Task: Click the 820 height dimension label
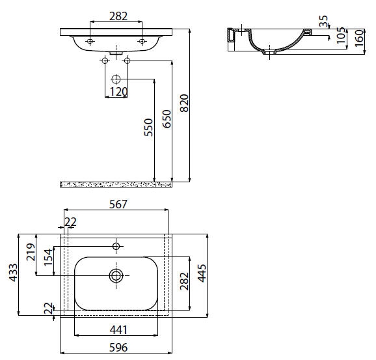coord(184,104)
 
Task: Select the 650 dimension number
coord(167,118)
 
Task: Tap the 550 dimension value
coord(149,128)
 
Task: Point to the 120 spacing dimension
coord(118,92)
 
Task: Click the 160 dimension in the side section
coord(359,38)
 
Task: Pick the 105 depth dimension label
coord(342,35)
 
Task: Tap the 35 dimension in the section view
coord(323,21)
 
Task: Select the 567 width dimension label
coord(118,204)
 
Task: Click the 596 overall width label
coord(118,347)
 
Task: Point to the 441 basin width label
coord(118,330)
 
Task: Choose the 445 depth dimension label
coord(202,273)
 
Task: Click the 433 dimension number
coord(14,273)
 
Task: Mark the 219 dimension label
coord(31,252)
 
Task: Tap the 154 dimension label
coord(48,257)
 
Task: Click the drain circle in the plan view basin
coord(116,275)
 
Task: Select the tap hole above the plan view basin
coord(116,246)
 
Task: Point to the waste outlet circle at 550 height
coord(116,79)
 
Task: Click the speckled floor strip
coord(116,185)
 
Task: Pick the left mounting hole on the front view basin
coord(90,41)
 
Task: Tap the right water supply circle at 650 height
coord(127,61)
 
